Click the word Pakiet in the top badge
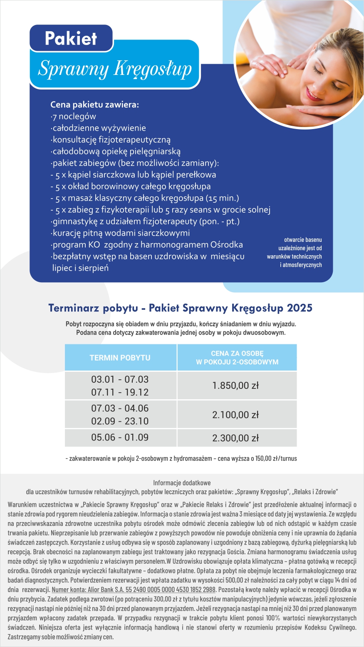[x=71, y=39]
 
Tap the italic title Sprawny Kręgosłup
[x=115, y=69]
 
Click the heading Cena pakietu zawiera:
[x=94, y=105]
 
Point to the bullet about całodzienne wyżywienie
[x=98, y=128]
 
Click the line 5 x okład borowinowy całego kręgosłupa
[x=131, y=186]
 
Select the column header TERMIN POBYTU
[x=120, y=358]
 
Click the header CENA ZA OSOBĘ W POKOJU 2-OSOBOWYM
[x=237, y=358]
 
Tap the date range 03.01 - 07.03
[x=120, y=379]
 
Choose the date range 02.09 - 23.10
[x=120, y=421]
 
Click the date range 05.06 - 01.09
[x=120, y=437]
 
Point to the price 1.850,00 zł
[x=235, y=386]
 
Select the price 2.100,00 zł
[x=235, y=415]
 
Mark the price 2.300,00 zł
[x=235, y=438]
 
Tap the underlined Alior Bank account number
[x=134, y=590]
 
